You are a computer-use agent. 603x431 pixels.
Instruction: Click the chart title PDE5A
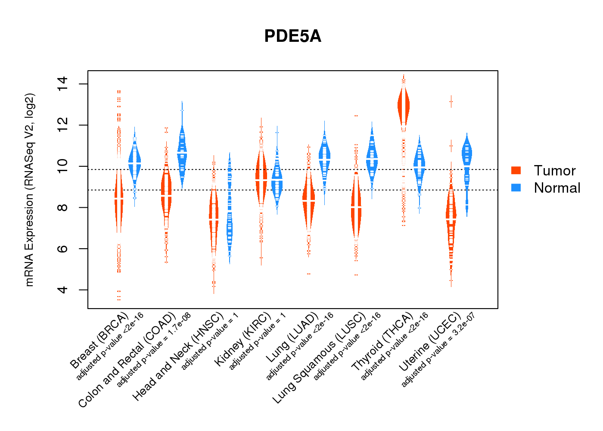tap(292, 37)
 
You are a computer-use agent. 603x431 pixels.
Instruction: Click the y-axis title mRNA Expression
tap(29, 190)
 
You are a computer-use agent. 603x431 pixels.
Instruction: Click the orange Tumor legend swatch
tap(516, 170)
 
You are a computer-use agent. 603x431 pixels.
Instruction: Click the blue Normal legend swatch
tap(516, 187)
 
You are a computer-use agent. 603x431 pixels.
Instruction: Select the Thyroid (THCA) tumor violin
tap(404, 106)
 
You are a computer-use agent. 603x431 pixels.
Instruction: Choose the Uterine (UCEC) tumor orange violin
tap(451, 215)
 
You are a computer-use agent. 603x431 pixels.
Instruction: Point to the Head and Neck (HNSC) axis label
tap(177, 358)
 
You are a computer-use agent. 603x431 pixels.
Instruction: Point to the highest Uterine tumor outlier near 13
tap(451, 102)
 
